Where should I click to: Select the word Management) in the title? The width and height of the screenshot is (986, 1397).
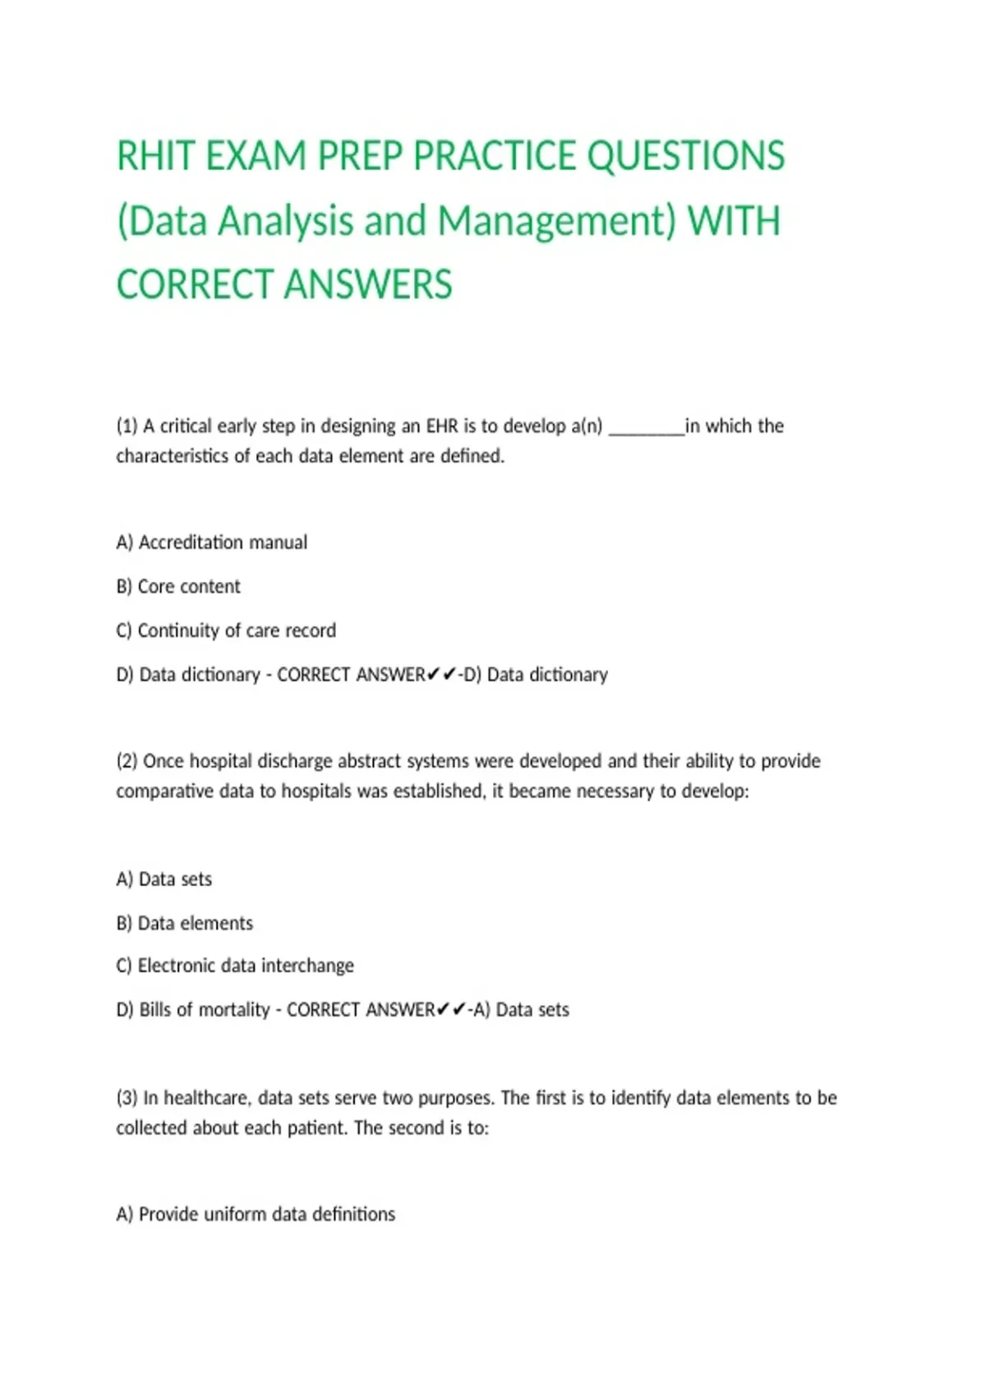[x=556, y=222]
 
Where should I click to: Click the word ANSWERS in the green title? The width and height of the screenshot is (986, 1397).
[x=369, y=285]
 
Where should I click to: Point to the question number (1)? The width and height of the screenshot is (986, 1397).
[x=127, y=426]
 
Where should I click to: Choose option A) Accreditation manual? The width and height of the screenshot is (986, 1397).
[x=212, y=542]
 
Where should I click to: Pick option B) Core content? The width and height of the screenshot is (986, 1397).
[x=178, y=587]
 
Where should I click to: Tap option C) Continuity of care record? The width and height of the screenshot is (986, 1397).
[x=226, y=630]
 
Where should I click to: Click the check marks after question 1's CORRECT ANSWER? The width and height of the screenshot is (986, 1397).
[x=441, y=675]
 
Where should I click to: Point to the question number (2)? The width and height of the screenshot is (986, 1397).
[x=127, y=761]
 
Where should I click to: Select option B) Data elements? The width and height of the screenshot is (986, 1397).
[x=185, y=924]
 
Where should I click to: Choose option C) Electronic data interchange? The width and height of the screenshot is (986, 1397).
[x=235, y=966]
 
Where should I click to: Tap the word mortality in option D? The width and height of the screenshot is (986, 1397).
[x=237, y=1010]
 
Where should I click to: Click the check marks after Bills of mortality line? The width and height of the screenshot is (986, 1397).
[x=451, y=1009]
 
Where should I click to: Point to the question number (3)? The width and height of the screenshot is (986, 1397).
[x=127, y=1098]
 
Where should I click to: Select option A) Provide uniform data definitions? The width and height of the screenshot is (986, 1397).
[x=256, y=1215]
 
